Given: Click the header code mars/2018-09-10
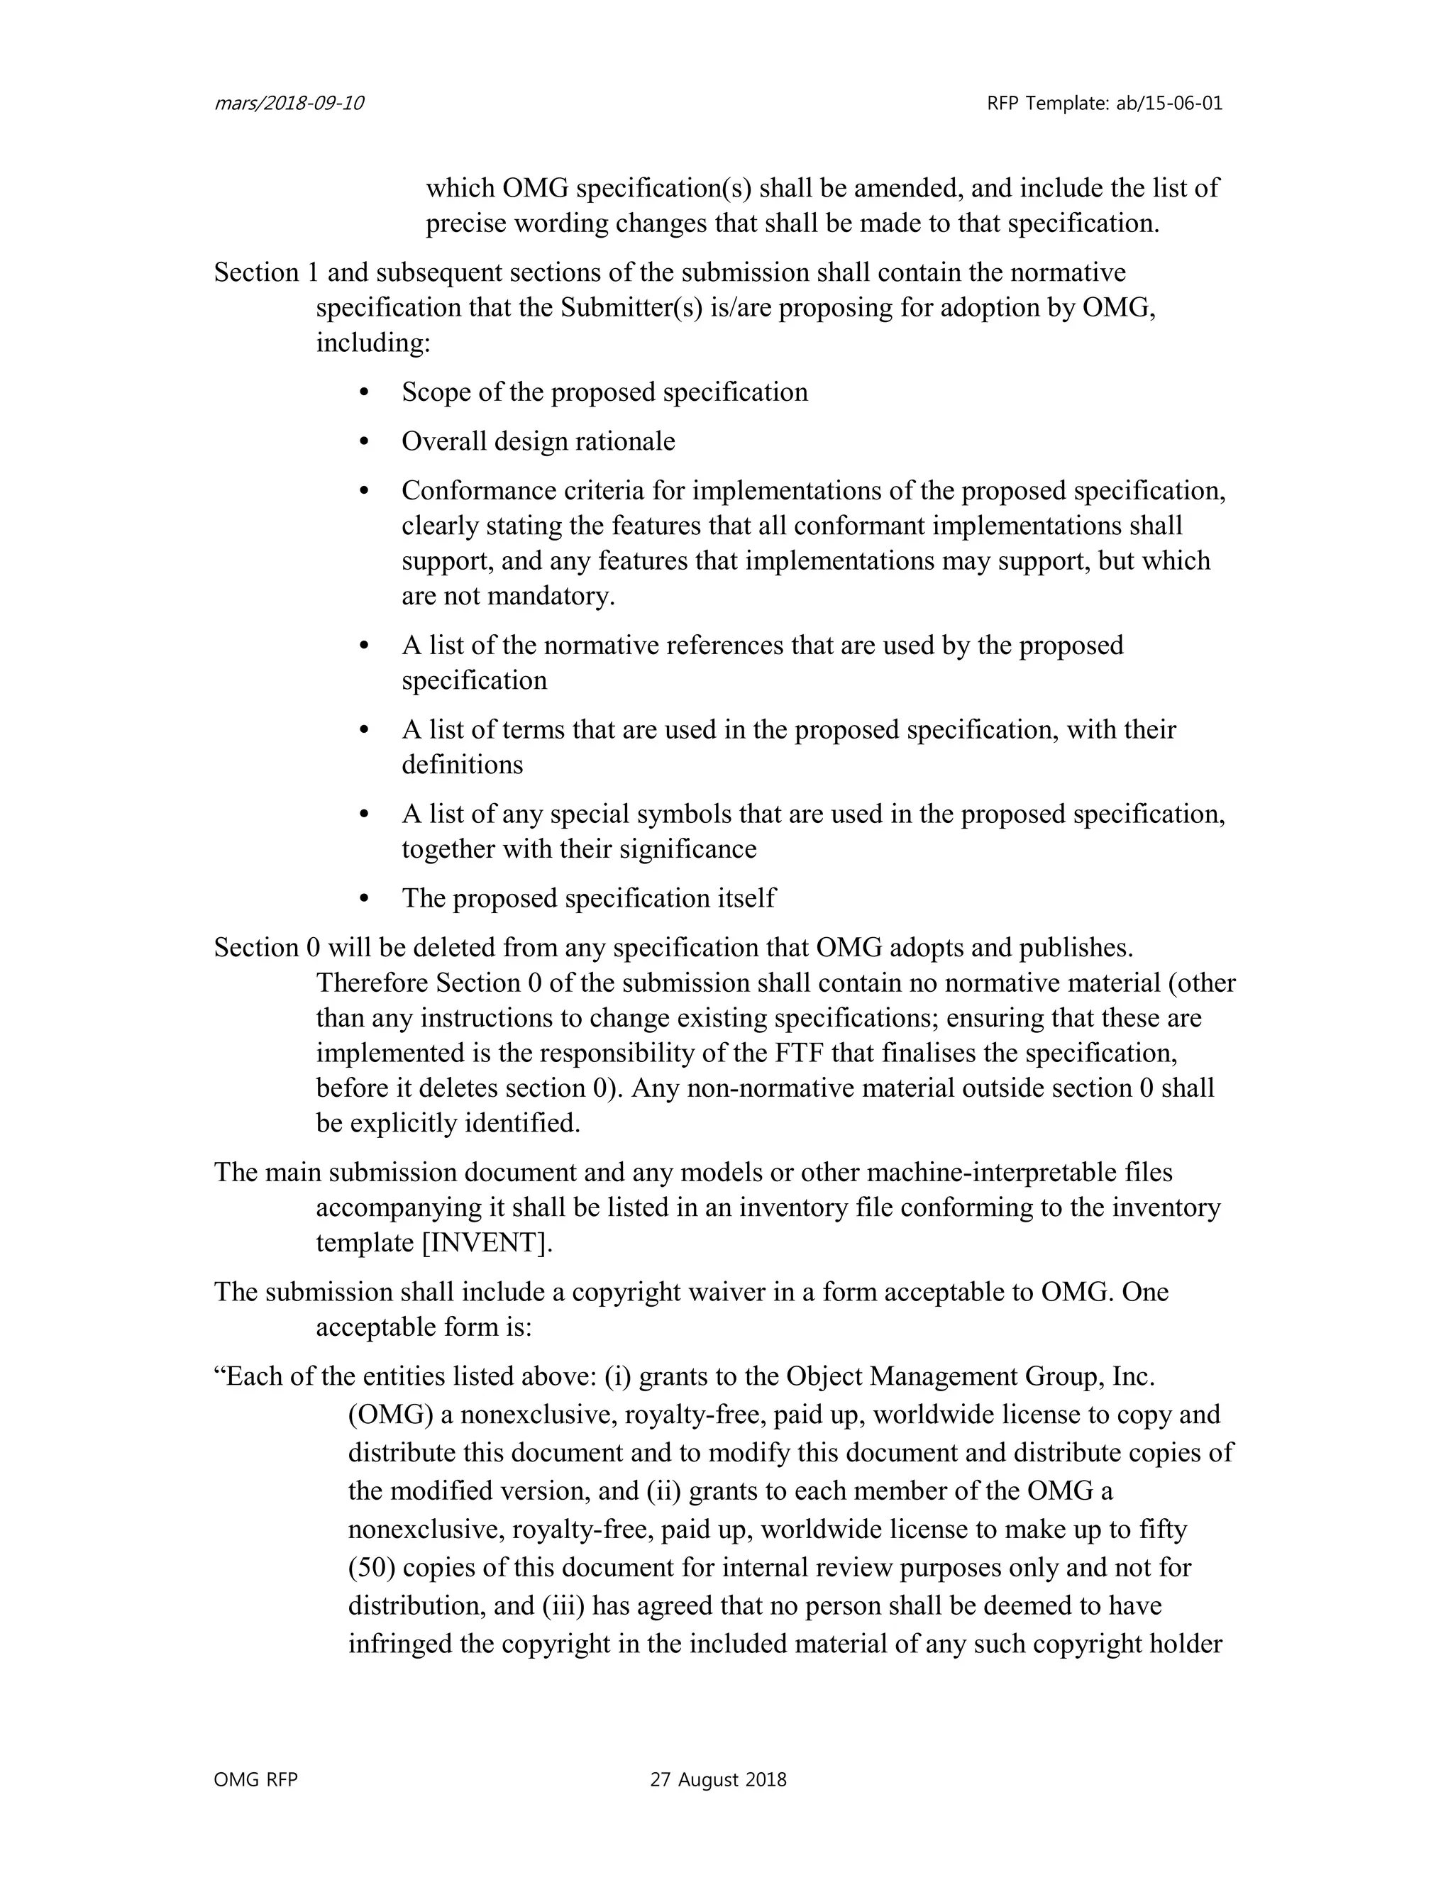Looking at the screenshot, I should click(x=288, y=104).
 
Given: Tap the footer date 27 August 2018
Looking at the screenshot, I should click(x=718, y=1779).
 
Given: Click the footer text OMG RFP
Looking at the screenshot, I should click(x=255, y=1779).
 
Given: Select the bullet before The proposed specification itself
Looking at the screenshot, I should click(x=363, y=900).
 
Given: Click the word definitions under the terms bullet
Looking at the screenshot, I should click(x=463, y=764).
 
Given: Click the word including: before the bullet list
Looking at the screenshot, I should click(x=372, y=343).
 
